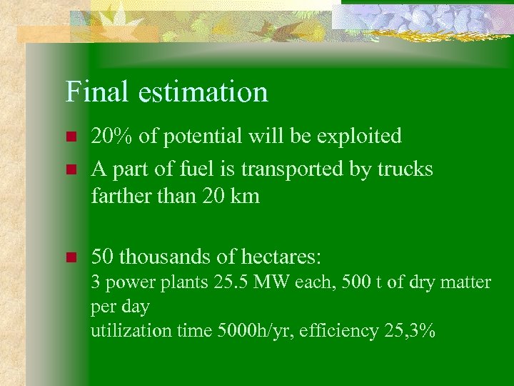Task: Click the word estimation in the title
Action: coord(203,92)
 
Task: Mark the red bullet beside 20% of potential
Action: coord(70,137)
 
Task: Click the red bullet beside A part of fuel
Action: coord(70,170)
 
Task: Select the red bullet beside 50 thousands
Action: coord(70,257)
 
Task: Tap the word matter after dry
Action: coord(464,282)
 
